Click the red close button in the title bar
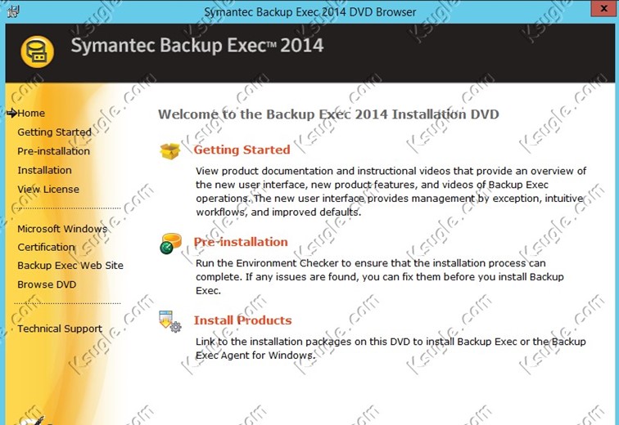pos(604,8)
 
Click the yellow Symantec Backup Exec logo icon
pos(37,51)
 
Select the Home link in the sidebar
pos(31,114)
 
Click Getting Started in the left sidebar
pos(55,132)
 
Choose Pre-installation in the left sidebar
pos(54,151)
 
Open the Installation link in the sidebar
pos(44,170)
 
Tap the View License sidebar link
pos(48,190)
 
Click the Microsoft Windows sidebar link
pos(62,229)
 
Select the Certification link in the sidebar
pos(46,247)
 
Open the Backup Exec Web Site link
pos(70,266)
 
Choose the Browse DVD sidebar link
pos(47,284)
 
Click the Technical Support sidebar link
pos(60,329)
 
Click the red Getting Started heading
pos(242,150)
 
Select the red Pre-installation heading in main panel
pos(241,242)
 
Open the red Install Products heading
pos(242,320)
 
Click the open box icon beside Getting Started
pos(170,151)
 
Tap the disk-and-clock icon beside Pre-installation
pos(170,244)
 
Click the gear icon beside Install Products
pos(176,327)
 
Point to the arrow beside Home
pos(11,113)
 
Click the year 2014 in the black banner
pos(302,45)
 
